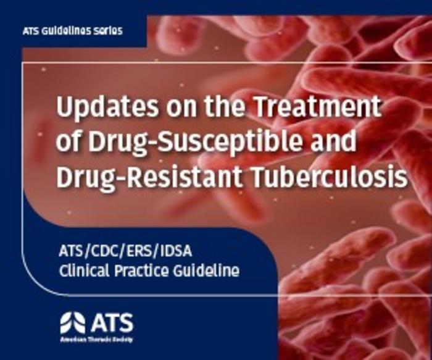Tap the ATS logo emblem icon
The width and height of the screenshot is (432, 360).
coord(72,323)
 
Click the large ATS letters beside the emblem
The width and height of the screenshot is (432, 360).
coord(111,322)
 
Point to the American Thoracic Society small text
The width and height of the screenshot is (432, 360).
coord(95,340)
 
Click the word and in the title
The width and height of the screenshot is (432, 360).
coord(333,143)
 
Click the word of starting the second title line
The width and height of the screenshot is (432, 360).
coord(69,143)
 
